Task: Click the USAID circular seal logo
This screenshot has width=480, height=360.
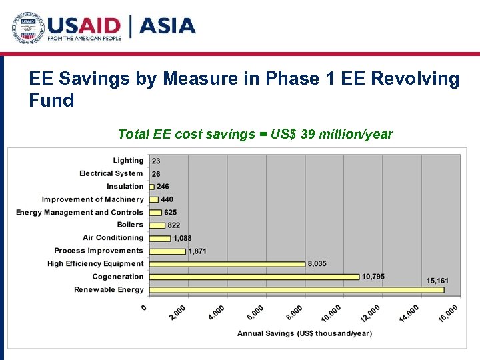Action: coord(27,28)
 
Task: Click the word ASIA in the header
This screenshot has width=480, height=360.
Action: coord(167,27)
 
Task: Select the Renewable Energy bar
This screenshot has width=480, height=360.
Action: coord(297,290)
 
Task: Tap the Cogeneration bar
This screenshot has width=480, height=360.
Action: coord(254,277)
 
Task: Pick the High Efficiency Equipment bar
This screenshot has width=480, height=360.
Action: coord(227,264)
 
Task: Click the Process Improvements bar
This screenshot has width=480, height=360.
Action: coord(167,251)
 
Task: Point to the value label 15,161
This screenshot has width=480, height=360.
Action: coord(437,281)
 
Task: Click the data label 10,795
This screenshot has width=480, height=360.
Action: coord(373,276)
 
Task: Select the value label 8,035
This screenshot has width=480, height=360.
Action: coord(317,264)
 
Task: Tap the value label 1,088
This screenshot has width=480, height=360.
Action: coord(183,238)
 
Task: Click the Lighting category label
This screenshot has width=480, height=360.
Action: coord(128,161)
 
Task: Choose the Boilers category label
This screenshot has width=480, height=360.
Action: coord(130,225)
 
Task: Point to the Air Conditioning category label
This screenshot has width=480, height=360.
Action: coord(113,238)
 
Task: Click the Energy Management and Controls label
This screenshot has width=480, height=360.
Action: coord(80,213)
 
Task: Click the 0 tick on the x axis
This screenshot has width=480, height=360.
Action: coord(144,307)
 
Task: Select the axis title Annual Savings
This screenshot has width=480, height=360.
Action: coord(305,333)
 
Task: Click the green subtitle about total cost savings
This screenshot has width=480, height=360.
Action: coord(255,134)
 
